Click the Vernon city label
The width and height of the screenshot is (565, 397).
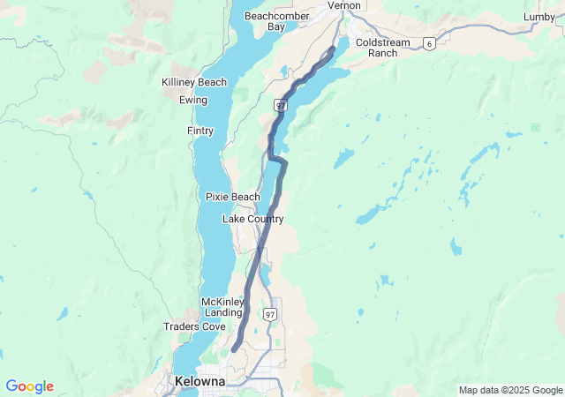pyautogui.click(x=344, y=5)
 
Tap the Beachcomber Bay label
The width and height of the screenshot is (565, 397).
pyautogui.click(x=265, y=21)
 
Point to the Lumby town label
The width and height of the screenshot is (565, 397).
pyautogui.click(x=539, y=17)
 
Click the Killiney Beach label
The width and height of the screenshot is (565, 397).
pyautogui.click(x=194, y=82)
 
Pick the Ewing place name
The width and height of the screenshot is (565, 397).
pyautogui.click(x=193, y=100)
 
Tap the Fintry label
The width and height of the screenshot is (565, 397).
pyautogui.click(x=200, y=131)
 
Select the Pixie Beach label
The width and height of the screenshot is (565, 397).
pyautogui.click(x=233, y=196)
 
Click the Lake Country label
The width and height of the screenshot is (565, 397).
pyautogui.click(x=252, y=218)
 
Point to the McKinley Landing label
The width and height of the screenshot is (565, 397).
pyautogui.click(x=222, y=307)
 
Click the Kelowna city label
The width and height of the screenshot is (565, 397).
pyautogui.click(x=200, y=381)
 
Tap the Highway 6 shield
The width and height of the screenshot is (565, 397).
pyautogui.click(x=428, y=43)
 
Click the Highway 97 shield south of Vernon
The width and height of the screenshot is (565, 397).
pyautogui.click(x=281, y=105)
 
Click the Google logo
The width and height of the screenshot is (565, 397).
pyautogui.click(x=29, y=386)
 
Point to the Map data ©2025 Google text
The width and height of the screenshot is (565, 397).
pyautogui.click(x=509, y=390)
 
